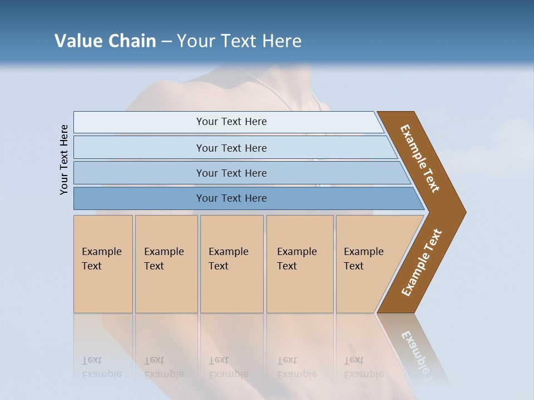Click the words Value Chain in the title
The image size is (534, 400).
click(x=105, y=41)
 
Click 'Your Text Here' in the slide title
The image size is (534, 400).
click(x=239, y=41)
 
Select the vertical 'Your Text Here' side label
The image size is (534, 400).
click(x=64, y=159)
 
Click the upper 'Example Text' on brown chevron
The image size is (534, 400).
click(x=420, y=158)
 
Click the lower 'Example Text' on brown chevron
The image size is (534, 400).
click(x=422, y=262)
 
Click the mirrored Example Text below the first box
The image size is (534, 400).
click(x=102, y=367)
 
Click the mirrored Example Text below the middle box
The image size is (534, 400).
click(x=229, y=367)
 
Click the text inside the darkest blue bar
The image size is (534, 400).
click(x=231, y=198)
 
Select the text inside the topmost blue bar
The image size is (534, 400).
click(x=231, y=122)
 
